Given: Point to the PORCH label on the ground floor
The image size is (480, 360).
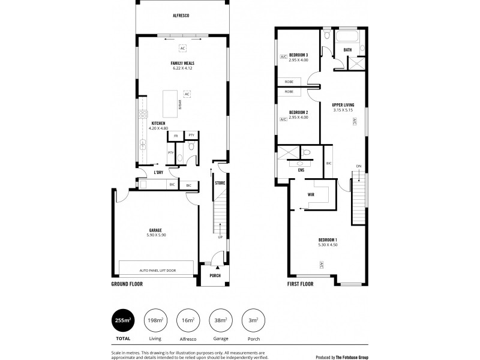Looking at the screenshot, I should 215,275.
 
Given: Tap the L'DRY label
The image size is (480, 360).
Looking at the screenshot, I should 158,173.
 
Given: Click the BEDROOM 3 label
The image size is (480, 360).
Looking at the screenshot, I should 298,55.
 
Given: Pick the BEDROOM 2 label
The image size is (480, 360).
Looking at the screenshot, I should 298,112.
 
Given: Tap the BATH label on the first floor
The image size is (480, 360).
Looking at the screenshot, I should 347,50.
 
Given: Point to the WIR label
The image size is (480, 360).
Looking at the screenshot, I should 311,194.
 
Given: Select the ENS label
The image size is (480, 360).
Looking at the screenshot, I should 301,170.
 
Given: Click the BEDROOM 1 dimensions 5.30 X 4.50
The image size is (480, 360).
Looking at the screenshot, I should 328,245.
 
